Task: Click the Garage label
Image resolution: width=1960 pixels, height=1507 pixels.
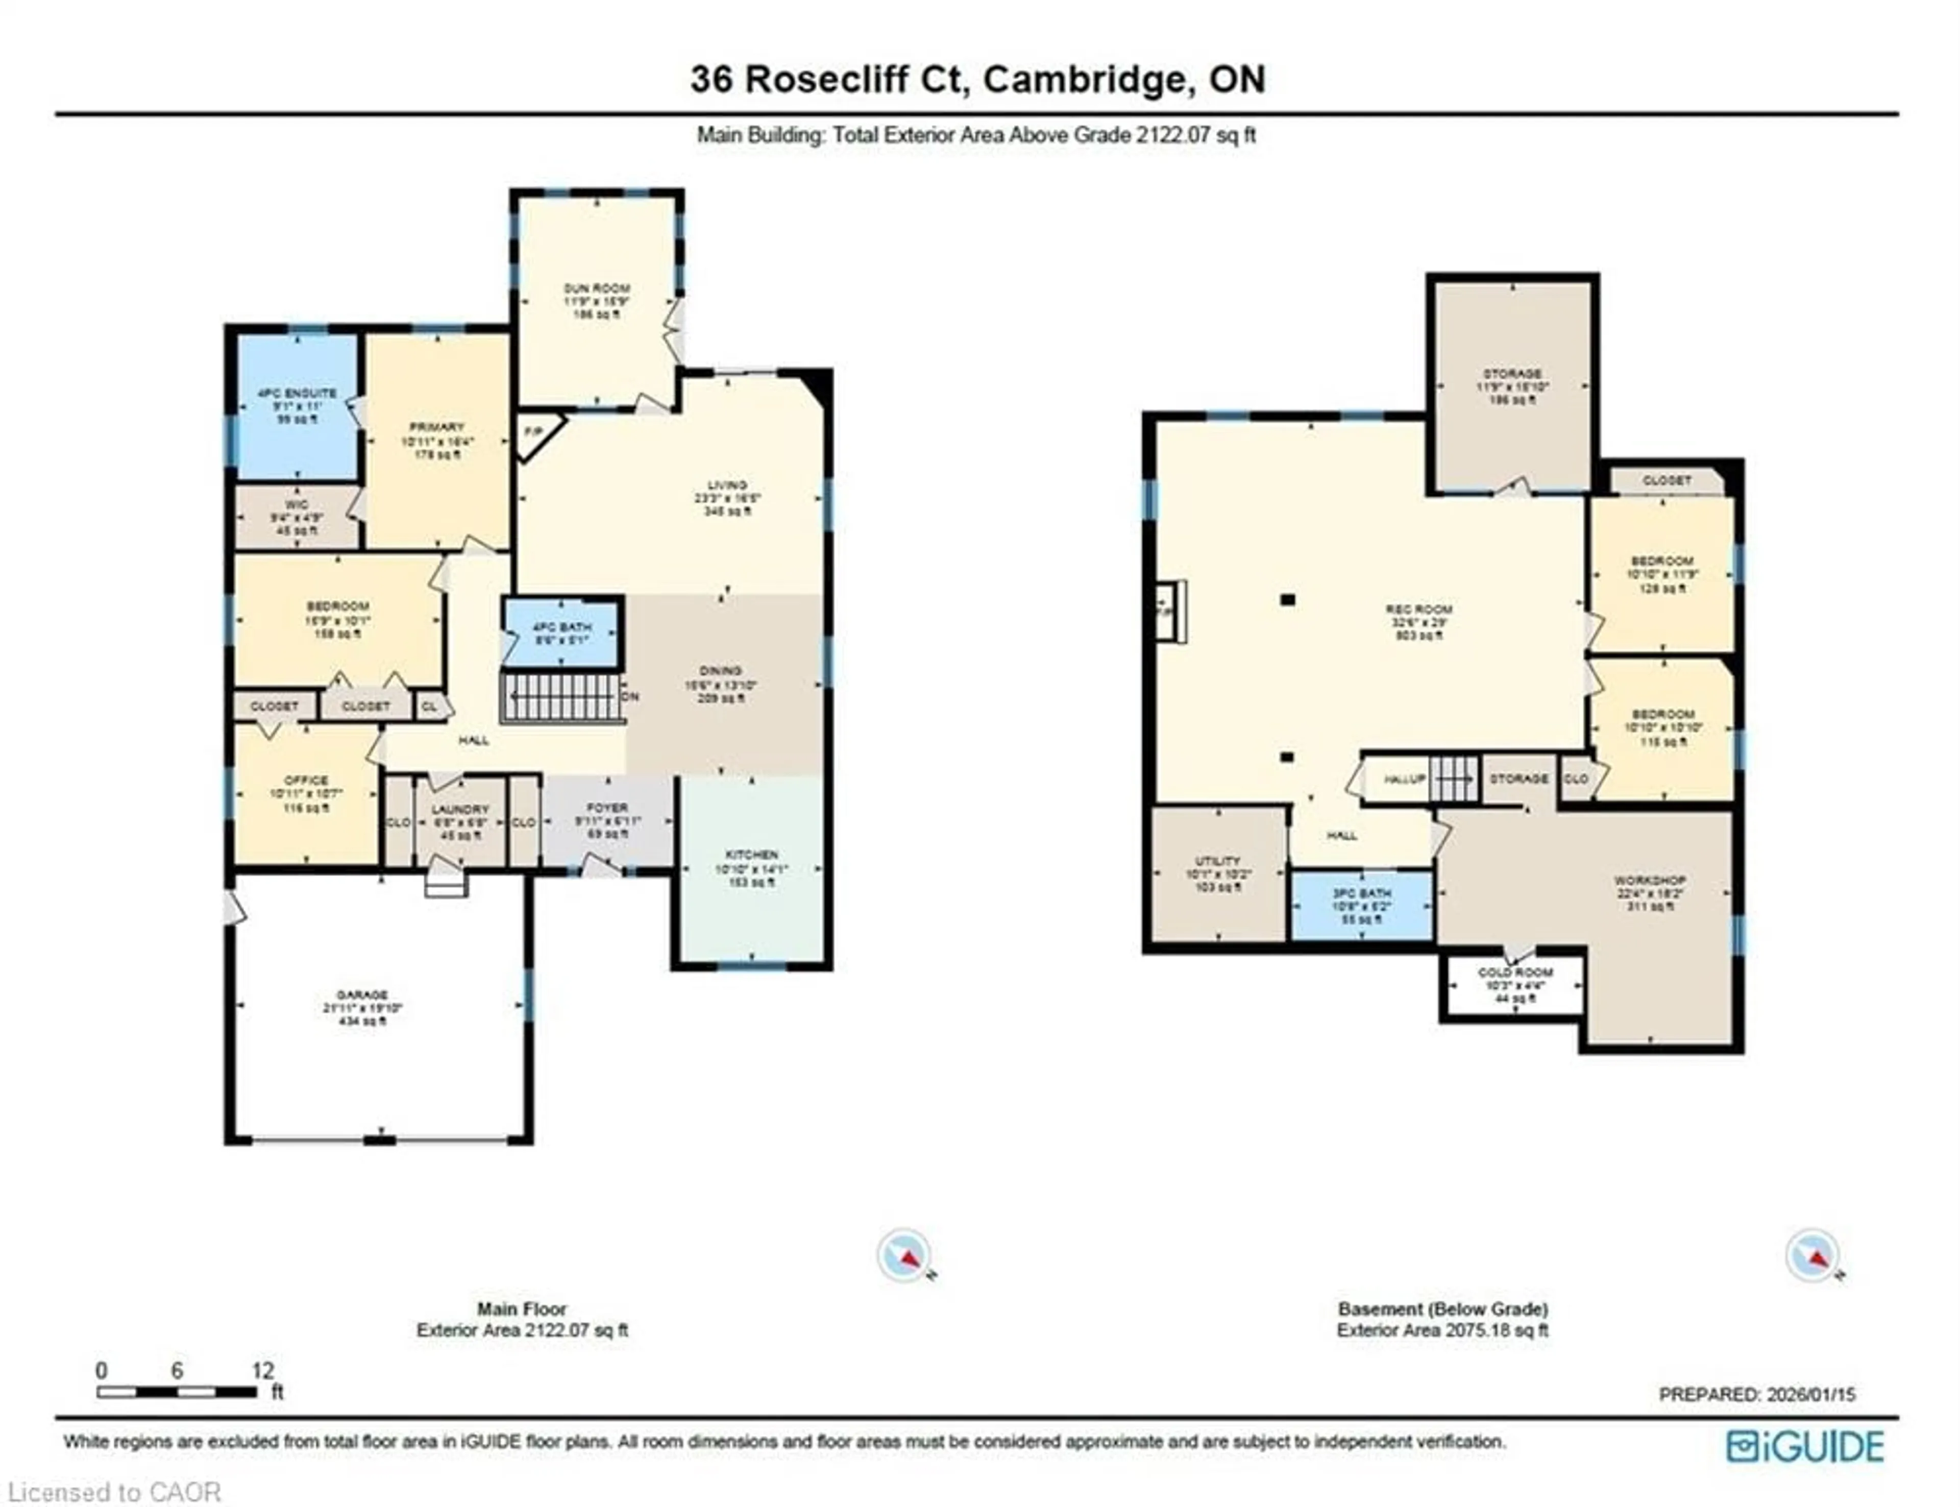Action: tap(362, 995)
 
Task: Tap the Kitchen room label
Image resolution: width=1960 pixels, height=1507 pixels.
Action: tap(751, 855)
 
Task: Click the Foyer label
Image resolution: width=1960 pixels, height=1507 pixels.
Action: tap(607, 808)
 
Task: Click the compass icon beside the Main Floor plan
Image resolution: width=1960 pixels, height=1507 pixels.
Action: tap(904, 1256)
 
